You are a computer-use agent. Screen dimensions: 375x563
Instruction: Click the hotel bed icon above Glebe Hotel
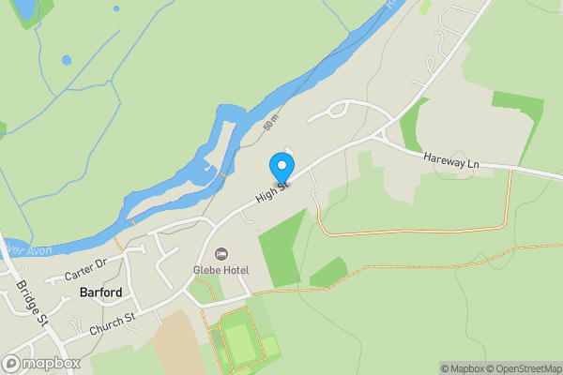[222, 254]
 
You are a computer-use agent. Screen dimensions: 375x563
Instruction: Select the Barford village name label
[101, 292]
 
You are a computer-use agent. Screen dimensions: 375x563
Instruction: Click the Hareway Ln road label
[450, 161]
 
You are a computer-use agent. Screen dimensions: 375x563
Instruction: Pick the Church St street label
[114, 325]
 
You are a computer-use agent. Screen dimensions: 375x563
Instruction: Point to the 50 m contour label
[271, 123]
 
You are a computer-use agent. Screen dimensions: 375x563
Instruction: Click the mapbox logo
[41, 363]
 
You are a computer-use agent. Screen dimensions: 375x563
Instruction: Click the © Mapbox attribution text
[457, 367]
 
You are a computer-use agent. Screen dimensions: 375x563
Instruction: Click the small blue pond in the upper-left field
[66, 61]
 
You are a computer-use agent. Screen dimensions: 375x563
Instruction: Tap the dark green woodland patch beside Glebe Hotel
[281, 248]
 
